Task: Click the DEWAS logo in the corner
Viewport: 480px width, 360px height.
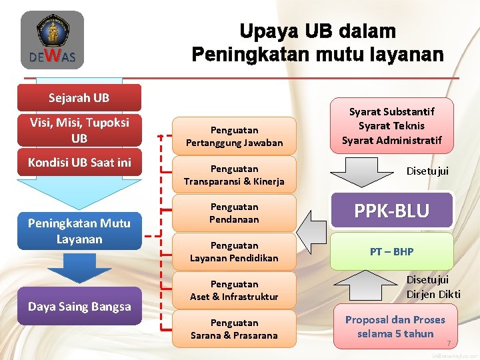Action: pyautogui.click(x=51, y=41)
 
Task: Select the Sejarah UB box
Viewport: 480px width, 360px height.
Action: pyautogui.click(x=79, y=98)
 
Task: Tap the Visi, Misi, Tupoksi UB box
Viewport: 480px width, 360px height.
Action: pyautogui.click(x=79, y=130)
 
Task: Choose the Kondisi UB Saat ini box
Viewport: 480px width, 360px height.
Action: pyautogui.click(x=79, y=163)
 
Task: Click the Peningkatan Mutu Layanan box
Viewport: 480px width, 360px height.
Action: pyautogui.click(x=79, y=231)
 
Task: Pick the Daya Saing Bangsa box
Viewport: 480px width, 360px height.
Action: pyautogui.click(x=79, y=306)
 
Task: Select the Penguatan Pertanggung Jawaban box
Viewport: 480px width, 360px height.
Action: pyautogui.click(x=234, y=137)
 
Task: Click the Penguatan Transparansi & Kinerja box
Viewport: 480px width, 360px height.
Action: pyautogui.click(x=234, y=175)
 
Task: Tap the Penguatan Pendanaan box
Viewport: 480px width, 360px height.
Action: pyautogui.click(x=234, y=213)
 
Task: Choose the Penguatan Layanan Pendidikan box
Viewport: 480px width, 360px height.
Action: pyautogui.click(x=234, y=252)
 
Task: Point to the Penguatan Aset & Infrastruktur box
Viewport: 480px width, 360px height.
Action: pyautogui.click(x=234, y=290)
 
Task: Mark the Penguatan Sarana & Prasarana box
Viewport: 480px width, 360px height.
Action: pyautogui.click(x=234, y=329)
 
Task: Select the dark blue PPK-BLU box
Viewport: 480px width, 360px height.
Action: pyautogui.click(x=392, y=211)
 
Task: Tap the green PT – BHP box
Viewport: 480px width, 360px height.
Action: pyautogui.click(x=392, y=251)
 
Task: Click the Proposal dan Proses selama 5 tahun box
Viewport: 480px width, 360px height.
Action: pyautogui.click(x=395, y=327)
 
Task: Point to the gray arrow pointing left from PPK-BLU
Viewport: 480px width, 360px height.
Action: pyautogui.click(x=313, y=227)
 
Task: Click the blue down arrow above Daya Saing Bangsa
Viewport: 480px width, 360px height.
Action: pyautogui.click(x=79, y=268)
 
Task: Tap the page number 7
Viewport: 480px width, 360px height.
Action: pyautogui.click(x=449, y=343)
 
